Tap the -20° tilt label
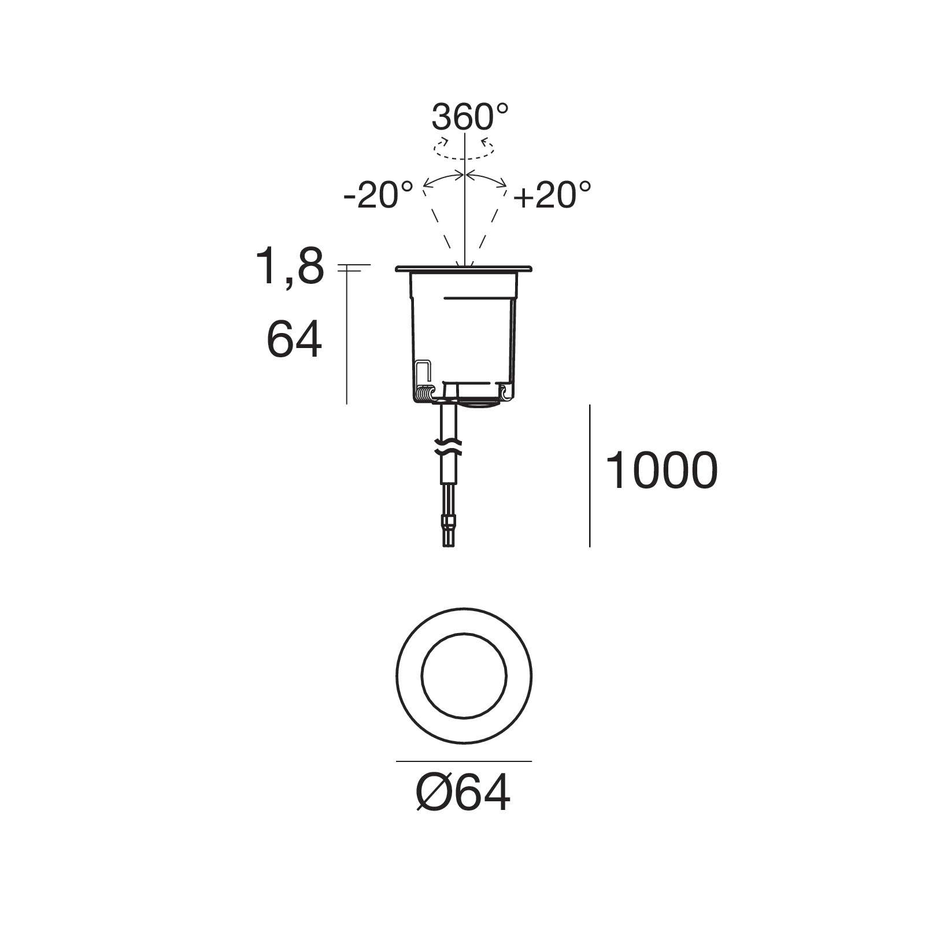point(378,195)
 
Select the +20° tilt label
point(553,195)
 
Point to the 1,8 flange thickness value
point(290,267)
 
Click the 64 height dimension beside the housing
point(294,340)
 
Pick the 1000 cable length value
point(661,471)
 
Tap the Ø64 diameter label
point(463,793)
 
